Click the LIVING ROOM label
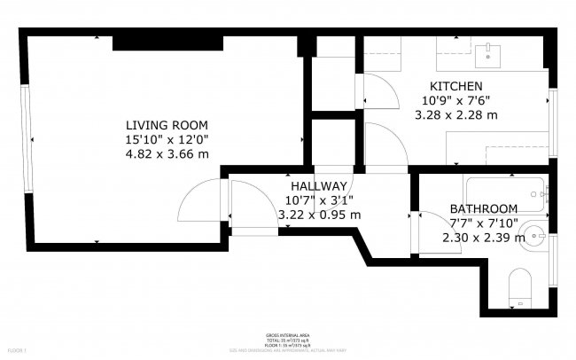tap(167, 124)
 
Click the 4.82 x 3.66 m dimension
tap(167, 153)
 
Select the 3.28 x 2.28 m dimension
tap(456, 114)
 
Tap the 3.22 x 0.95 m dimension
tap(319, 215)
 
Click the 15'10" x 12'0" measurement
tap(167, 139)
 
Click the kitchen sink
tap(489, 56)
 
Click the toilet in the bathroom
tap(520, 289)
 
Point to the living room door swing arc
tap(193, 204)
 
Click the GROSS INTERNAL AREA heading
tap(287, 335)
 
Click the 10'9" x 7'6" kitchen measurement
tap(456, 100)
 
